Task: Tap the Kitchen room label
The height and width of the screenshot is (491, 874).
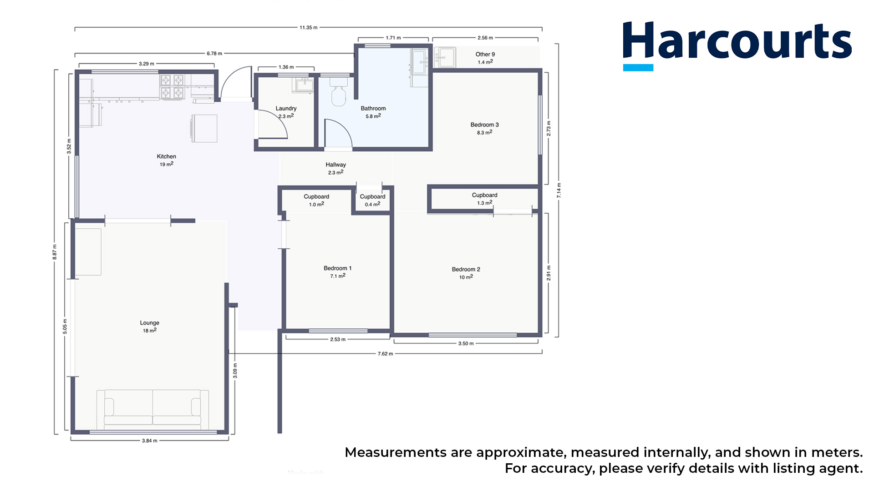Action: coord(167,156)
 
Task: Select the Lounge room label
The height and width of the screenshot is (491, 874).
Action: coord(150,323)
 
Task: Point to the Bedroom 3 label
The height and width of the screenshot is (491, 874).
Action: coord(485,125)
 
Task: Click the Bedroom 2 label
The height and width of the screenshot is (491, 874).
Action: coord(466,269)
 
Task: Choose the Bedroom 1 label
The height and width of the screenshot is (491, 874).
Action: coord(338,268)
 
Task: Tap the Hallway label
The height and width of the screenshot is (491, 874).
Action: coord(336,165)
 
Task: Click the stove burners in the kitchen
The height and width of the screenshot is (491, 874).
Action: coord(172,87)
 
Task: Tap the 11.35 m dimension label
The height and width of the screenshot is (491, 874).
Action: coord(309,28)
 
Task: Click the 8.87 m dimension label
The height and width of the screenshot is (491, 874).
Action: coord(55,252)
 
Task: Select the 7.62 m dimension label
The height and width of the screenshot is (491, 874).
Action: coord(385,354)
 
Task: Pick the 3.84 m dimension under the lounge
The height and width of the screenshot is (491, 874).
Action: coord(150,441)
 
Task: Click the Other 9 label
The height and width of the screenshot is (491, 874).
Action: coord(485,54)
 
